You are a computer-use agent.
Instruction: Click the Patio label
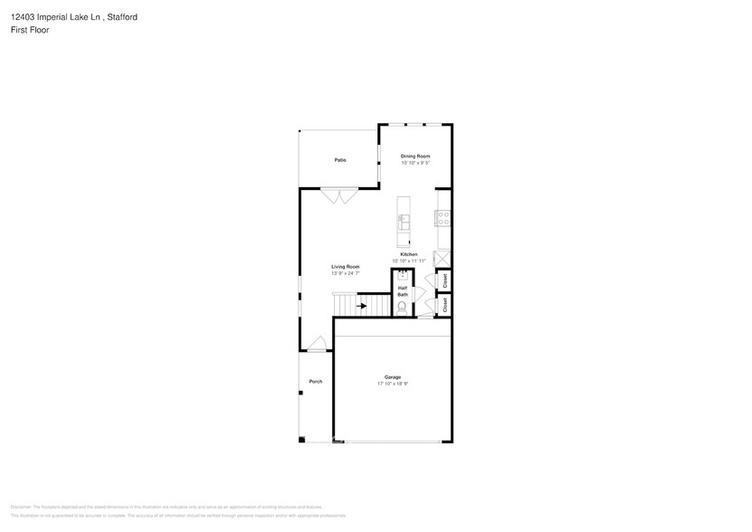coord(340,160)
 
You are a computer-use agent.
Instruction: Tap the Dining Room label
coord(414,157)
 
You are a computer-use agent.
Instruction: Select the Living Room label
coord(345,267)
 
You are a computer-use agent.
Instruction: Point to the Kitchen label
coord(409,255)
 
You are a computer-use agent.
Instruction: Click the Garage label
coord(393,377)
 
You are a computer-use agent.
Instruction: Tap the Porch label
coord(316,382)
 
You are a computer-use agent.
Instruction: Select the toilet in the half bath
coord(403,309)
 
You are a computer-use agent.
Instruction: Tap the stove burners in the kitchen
coord(443,217)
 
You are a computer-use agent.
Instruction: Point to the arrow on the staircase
coord(361,306)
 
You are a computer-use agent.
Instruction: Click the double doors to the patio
coord(340,195)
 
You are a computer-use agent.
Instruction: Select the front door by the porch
coord(316,344)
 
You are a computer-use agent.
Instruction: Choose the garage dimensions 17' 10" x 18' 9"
coord(393,385)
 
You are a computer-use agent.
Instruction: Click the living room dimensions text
coord(345,273)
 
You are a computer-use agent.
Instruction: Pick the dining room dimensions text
coord(414,164)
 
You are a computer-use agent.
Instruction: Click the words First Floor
coord(31,30)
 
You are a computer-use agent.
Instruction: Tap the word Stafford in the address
coord(119,17)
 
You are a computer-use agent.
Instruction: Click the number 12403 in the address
coord(24,17)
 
